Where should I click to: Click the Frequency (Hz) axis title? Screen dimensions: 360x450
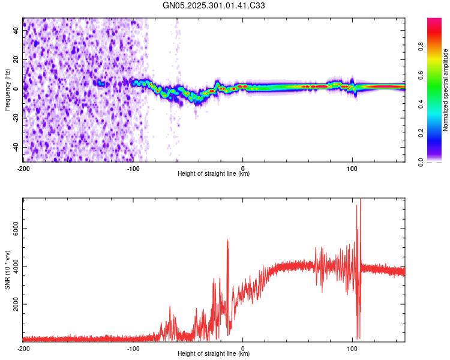(7, 90)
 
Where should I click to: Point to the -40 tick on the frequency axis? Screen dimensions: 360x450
(16, 147)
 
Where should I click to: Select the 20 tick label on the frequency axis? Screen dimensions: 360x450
(16, 60)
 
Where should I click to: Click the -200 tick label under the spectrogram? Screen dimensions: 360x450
(23, 167)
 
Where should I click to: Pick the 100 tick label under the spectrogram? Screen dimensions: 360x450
(352, 167)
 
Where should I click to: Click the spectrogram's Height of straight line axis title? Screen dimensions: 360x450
(214, 174)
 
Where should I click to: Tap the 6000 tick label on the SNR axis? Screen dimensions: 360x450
(13, 229)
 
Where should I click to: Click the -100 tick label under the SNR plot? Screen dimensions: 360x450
(133, 348)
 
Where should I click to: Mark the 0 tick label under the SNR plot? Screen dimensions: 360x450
(242, 348)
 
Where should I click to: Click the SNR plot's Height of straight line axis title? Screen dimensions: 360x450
(214, 354)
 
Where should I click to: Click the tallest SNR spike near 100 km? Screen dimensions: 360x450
(360, 200)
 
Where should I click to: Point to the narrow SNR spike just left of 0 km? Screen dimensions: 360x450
(227, 240)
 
